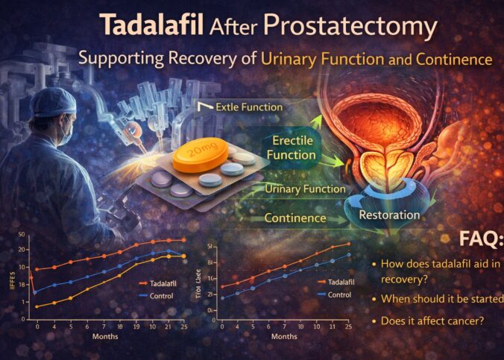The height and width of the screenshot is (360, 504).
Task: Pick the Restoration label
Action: (389, 215)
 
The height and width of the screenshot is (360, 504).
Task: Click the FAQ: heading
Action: (480, 239)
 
